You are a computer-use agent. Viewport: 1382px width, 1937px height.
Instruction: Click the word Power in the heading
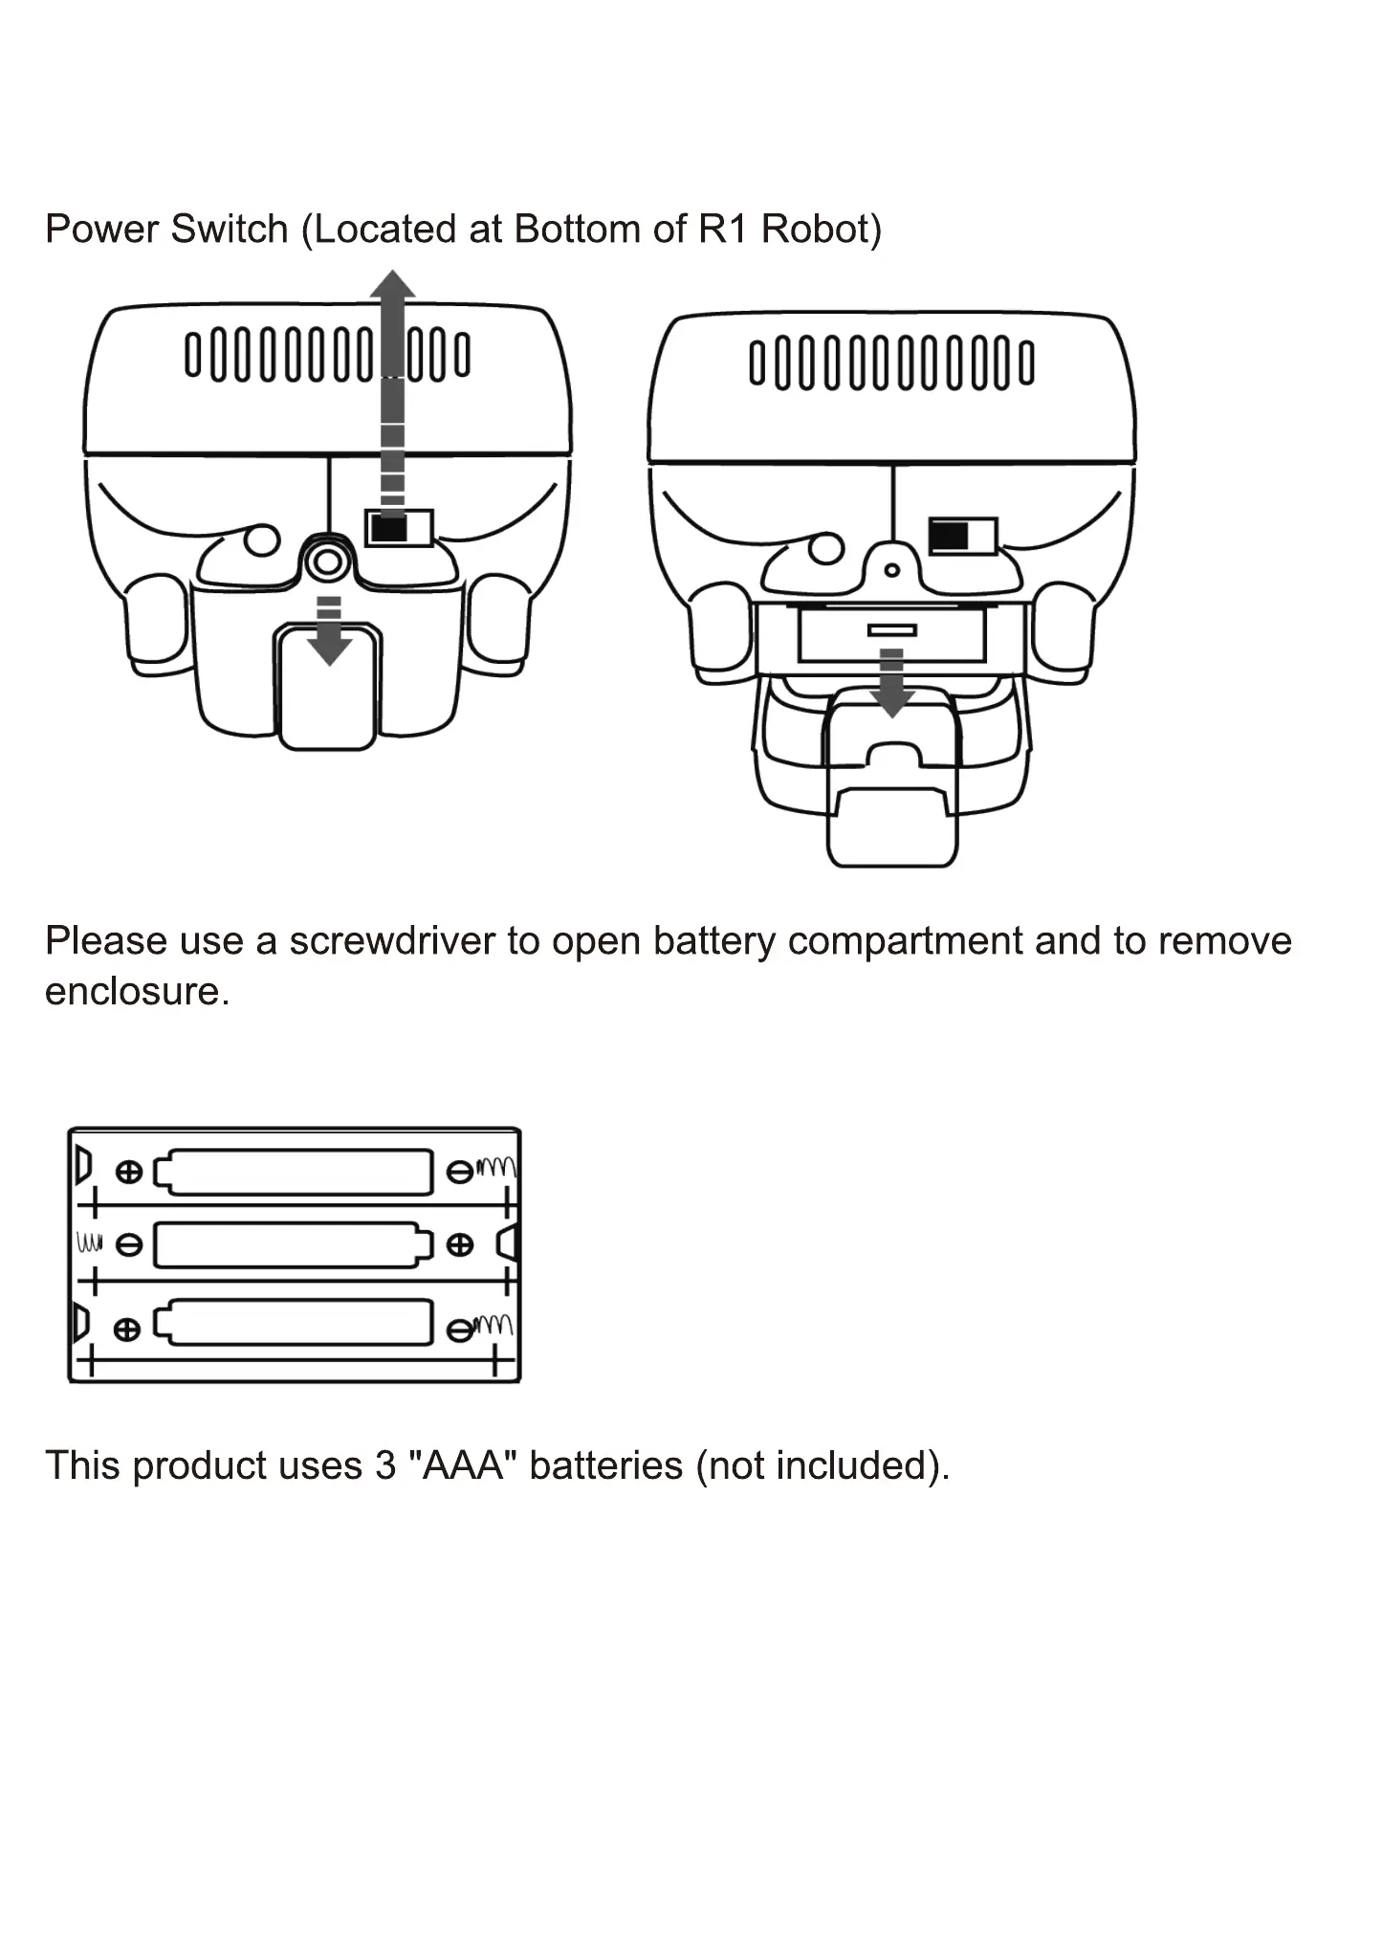(x=100, y=230)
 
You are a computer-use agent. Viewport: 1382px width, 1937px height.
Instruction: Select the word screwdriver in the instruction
(x=392, y=941)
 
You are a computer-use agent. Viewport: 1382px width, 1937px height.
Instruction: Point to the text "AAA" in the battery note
(x=462, y=1465)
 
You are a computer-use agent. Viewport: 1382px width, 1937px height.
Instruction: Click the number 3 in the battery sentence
(x=384, y=1465)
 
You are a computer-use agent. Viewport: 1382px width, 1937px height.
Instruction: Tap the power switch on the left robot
(x=399, y=528)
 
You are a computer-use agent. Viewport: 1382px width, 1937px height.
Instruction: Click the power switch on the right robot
(x=962, y=536)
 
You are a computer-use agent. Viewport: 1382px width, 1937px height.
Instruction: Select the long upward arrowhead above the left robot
(x=392, y=285)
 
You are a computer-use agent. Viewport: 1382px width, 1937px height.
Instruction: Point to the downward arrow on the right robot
(x=891, y=684)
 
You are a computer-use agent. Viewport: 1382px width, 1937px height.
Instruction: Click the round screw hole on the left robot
(x=327, y=561)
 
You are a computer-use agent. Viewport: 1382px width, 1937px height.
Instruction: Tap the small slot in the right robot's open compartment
(x=891, y=630)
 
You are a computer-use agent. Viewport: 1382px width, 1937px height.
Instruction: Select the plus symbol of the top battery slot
(x=128, y=1172)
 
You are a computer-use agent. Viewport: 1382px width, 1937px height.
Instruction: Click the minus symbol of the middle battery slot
(x=129, y=1245)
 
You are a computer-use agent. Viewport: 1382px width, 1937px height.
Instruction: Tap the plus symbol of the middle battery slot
(x=460, y=1244)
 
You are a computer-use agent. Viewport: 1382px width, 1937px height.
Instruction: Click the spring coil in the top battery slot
(x=497, y=1167)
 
